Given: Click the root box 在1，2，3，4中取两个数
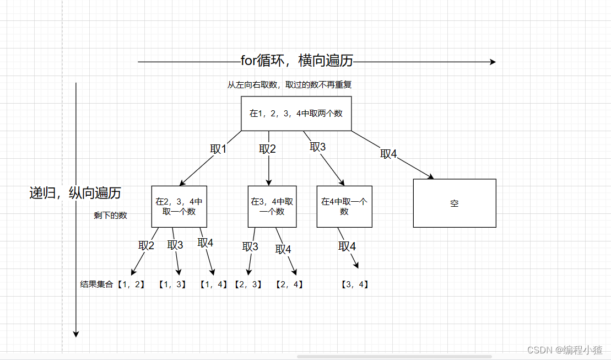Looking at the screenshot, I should click(x=296, y=114).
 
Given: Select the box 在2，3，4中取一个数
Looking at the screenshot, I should click(x=179, y=206).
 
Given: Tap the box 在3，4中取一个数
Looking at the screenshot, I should click(x=272, y=206).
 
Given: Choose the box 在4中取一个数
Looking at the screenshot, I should click(x=344, y=206).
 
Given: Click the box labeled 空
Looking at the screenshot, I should click(x=455, y=203).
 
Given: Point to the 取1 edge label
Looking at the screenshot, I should click(x=218, y=149).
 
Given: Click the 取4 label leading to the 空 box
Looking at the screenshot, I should click(x=388, y=154).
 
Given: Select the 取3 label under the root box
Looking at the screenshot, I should click(x=318, y=147).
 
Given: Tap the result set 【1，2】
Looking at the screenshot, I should click(x=131, y=284).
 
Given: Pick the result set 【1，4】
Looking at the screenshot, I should click(x=214, y=284).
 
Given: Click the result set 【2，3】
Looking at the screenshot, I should click(x=247, y=284).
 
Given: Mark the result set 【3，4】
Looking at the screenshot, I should click(x=355, y=284).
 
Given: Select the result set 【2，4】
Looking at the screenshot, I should click(x=289, y=284).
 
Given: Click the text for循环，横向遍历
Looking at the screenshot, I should click(x=296, y=61).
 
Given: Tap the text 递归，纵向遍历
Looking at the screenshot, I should click(x=75, y=193).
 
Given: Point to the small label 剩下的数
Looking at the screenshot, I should click(x=110, y=215).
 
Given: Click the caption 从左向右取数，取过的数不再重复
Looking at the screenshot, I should click(x=290, y=85).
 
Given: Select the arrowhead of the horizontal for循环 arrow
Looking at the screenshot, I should click(x=493, y=62).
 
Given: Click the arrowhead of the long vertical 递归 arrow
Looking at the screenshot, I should click(x=76, y=334).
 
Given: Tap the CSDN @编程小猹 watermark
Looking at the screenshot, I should click(x=565, y=350).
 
